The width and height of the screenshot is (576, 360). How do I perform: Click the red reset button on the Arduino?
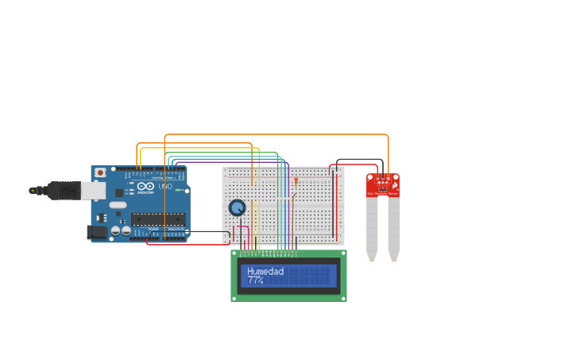100,172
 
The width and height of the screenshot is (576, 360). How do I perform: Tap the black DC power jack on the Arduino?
96,232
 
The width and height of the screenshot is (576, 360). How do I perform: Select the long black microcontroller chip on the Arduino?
158,219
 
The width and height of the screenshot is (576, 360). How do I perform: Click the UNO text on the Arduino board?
165,187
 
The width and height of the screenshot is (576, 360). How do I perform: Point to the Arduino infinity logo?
145,187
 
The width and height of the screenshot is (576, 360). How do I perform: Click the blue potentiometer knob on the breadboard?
237,208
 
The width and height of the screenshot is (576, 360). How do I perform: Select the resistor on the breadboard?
296,184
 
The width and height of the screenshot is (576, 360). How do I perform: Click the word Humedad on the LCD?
265,271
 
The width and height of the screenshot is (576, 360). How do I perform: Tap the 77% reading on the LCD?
255,281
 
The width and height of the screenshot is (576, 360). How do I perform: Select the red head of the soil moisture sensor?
383,185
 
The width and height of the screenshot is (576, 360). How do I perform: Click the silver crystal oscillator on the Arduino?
118,205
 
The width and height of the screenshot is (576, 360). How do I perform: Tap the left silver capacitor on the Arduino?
115,230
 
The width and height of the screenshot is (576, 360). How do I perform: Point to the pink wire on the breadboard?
248,235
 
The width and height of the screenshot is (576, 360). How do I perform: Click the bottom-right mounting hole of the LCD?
343,298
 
